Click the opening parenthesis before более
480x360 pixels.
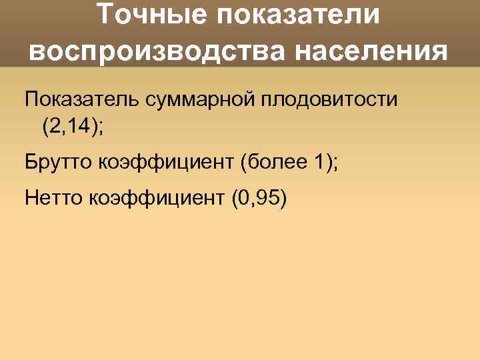245,161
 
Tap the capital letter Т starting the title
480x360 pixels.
105,15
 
